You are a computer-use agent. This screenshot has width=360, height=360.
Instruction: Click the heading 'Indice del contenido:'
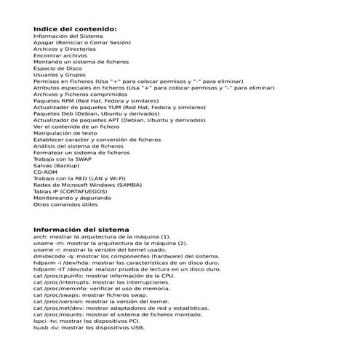click(75, 28)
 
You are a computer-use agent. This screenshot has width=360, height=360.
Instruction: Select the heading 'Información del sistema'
click(81, 229)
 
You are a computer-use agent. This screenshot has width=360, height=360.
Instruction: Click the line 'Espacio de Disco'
click(57, 68)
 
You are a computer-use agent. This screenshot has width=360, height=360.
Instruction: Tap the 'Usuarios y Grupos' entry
click(59, 75)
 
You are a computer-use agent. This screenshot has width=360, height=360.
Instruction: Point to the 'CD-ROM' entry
click(45, 172)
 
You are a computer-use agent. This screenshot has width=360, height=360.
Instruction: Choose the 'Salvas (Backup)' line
click(56, 165)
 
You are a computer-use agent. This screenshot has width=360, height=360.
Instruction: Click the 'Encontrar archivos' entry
click(60, 55)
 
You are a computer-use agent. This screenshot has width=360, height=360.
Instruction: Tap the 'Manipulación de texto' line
click(65, 133)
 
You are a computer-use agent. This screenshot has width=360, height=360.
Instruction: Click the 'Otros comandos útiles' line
click(65, 204)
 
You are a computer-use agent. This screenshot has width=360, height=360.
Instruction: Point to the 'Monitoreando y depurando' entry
click(71, 198)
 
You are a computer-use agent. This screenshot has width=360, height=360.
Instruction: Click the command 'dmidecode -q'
click(54, 256)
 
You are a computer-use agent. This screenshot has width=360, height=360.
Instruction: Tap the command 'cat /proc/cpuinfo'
click(59, 276)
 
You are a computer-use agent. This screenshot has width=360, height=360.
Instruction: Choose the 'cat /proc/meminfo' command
click(60, 289)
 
